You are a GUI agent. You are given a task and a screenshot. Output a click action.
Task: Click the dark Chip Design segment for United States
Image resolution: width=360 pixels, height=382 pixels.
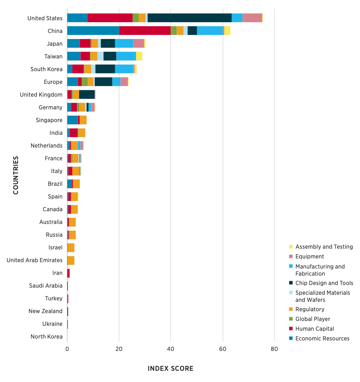point(189,18)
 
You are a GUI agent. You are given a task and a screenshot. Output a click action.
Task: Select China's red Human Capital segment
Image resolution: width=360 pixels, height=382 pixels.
point(145,31)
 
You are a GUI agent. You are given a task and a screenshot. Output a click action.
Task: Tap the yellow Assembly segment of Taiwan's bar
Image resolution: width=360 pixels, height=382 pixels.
point(139,56)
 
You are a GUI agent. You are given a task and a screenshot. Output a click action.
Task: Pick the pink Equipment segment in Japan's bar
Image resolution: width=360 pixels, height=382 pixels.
point(139,43)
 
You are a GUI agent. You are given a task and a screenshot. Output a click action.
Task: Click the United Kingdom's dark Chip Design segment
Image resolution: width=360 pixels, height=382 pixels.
point(87,94)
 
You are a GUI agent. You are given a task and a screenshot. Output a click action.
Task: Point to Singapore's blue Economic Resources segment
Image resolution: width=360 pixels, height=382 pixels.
point(72,120)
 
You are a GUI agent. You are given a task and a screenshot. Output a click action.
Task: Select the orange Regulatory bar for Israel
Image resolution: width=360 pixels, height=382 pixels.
point(71,247)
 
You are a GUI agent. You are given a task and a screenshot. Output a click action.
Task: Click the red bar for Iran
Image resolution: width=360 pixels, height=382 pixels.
point(69,273)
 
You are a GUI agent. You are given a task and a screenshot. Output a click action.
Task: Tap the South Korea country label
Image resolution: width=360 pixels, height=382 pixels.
point(46,69)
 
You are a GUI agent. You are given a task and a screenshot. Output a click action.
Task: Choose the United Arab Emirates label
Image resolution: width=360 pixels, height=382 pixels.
point(34,260)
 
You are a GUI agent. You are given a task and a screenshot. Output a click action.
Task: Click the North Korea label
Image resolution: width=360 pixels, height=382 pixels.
point(46,337)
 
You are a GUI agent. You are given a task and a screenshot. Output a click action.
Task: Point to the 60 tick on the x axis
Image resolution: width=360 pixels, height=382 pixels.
point(223,349)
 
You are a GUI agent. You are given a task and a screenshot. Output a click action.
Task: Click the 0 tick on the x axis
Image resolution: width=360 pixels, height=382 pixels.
point(67,349)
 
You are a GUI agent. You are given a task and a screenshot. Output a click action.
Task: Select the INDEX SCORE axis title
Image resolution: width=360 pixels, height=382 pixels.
point(171,369)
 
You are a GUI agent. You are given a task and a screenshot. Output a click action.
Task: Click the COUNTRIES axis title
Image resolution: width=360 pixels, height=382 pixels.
point(16,175)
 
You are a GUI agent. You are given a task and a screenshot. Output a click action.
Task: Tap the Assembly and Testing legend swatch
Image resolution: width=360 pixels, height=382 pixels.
point(291,246)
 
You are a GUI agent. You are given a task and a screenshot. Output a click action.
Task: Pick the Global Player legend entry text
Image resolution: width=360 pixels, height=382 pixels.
point(313,319)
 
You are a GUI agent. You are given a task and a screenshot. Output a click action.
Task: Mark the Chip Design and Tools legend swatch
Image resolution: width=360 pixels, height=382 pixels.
point(291,283)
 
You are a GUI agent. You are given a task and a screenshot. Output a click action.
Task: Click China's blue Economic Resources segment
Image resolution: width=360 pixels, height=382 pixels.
point(93,31)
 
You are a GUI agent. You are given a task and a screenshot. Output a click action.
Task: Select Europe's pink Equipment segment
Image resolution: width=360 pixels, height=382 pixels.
point(124,82)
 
